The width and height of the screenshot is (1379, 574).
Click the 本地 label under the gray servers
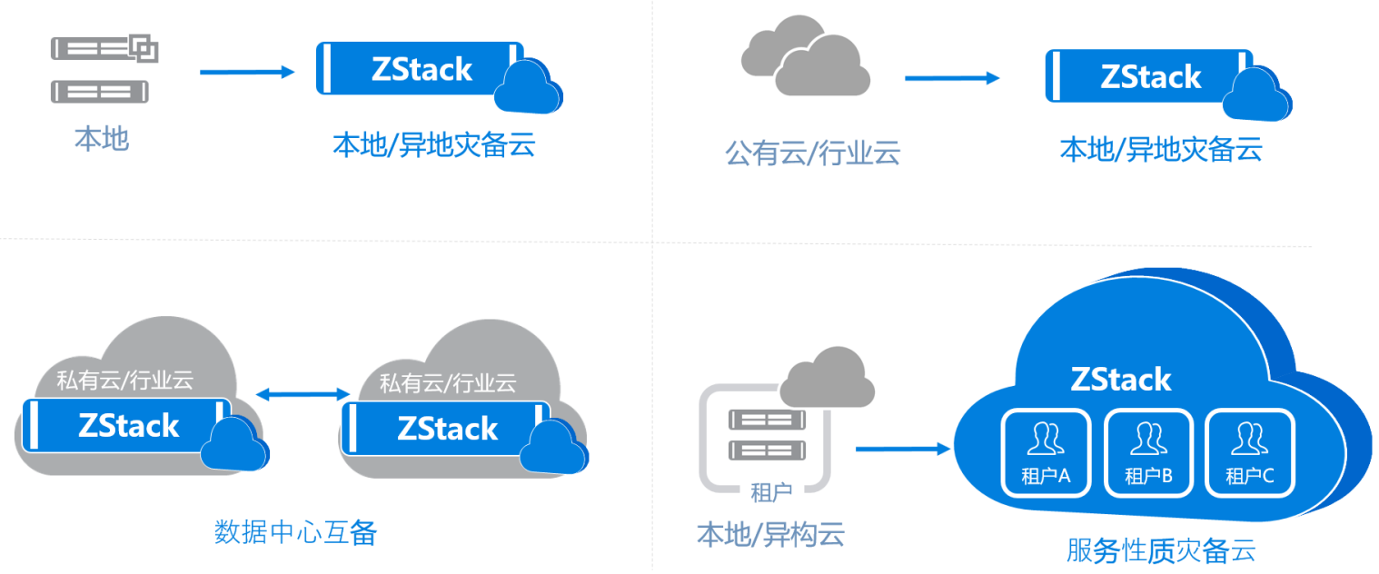102,139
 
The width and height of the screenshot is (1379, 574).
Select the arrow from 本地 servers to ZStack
247,71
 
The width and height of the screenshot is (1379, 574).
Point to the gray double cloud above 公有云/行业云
805,56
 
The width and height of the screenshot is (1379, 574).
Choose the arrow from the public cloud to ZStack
951,78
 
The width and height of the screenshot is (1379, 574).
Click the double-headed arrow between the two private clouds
303,393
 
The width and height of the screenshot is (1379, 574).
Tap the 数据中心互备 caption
295,532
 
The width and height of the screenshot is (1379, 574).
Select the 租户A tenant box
1046,452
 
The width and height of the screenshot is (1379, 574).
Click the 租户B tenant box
1147,452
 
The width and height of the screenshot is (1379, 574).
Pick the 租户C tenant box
1249,452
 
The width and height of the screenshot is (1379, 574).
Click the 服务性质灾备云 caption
1161,551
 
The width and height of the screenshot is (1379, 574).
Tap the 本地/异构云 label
770,534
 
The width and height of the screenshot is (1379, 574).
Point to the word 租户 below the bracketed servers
770,493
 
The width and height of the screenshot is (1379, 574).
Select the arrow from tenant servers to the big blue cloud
901,448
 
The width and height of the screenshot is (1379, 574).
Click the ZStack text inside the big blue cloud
1121,379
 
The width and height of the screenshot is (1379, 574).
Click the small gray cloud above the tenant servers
827,376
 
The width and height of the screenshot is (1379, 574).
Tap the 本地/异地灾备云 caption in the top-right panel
1161,150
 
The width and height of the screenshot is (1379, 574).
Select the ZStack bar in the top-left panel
420,69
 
